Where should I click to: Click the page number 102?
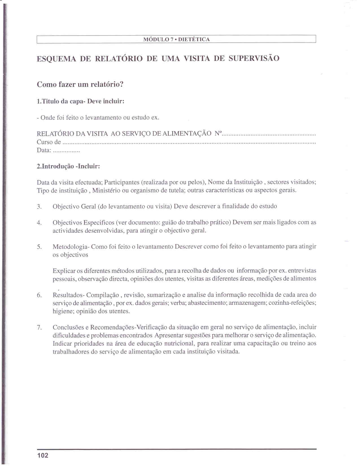pyautogui.click(x=43, y=455)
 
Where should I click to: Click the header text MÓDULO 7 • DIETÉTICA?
pyautogui.click(x=176, y=40)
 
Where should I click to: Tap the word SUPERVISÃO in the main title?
pyautogui.click(x=254, y=58)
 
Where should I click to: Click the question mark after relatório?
pyautogui.click(x=122, y=84)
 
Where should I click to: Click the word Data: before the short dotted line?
pyautogui.click(x=44, y=150)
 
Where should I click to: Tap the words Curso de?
pyautogui.click(x=49, y=142)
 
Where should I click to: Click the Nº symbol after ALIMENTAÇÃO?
pyautogui.click(x=218, y=133)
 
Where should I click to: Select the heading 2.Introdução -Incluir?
pyautogui.click(x=68, y=166)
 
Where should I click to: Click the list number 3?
pyautogui.click(x=39, y=207)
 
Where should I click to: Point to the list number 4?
pyautogui.click(x=39, y=223)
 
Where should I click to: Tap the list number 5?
pyautogui.click(x=39, y=247)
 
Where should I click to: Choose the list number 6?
pyautogui.click(x=39, y=295)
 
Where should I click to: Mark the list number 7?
pyautogui.click(x=39, y=328)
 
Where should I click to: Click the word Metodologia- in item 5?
pyautogui.click(x=71, y=247)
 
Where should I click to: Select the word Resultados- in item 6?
pyautogui.click(x=69, y=295)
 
